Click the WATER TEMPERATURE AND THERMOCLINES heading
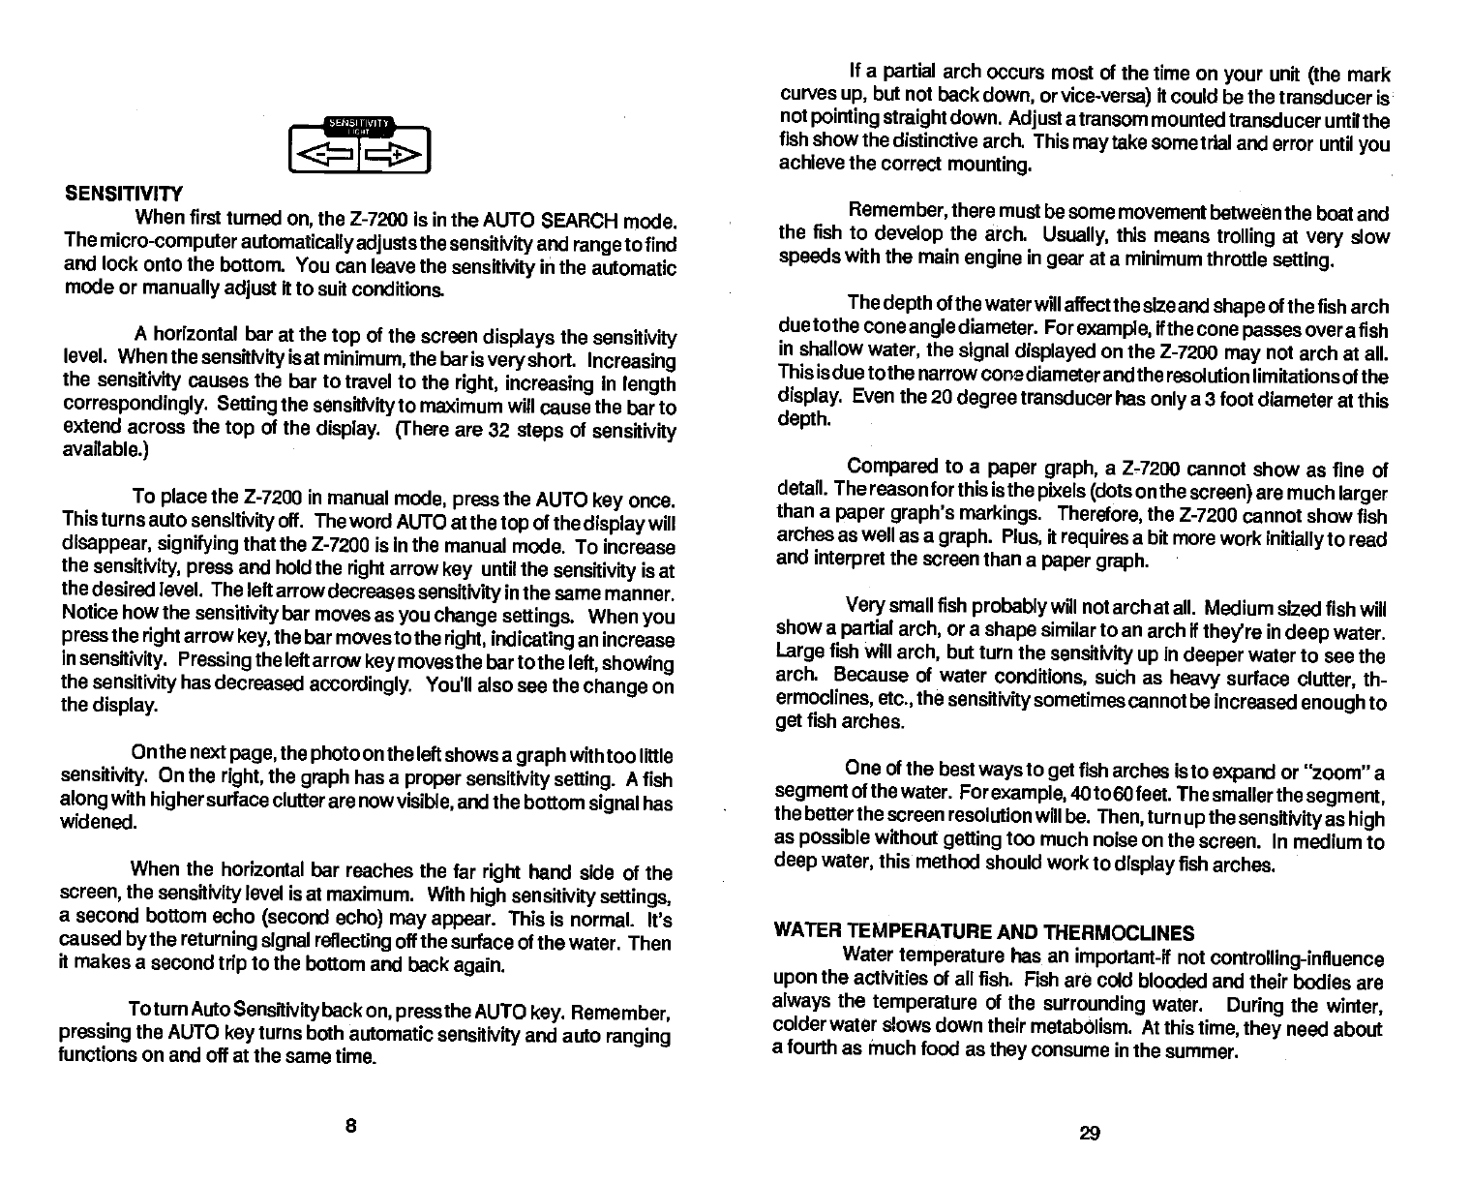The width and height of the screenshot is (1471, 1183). pyautogui.click(x=984, y=933)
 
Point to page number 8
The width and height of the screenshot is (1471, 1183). pyautogui.click(x=351, y=1126)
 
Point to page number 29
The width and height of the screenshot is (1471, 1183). pyautogui.click(x=1090, y=1134)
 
